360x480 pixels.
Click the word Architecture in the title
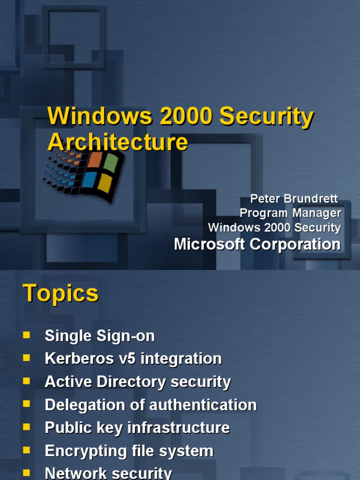118,142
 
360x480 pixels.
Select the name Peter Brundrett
294,198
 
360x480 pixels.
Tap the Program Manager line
290,213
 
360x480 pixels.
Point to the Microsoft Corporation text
257,244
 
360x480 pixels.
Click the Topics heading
61,293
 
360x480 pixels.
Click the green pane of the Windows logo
110,163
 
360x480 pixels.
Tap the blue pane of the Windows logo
89,180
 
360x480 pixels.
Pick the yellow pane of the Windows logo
105,183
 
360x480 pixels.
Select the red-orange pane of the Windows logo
95,160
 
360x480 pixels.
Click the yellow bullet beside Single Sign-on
26,335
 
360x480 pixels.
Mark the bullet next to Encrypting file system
26,450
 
